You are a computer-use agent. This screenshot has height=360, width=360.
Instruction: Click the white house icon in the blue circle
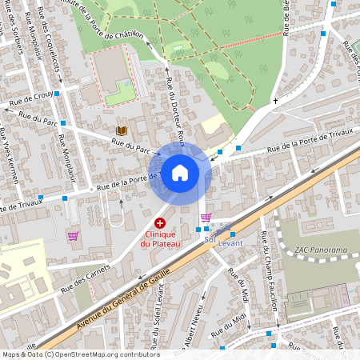click(x=180, y=173)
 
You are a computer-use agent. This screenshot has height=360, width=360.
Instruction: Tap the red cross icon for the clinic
click(x=160, y=222)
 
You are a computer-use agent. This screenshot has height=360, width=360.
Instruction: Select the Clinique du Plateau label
click(x=160, y=238)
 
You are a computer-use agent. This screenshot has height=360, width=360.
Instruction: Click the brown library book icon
click(x=121, y=130)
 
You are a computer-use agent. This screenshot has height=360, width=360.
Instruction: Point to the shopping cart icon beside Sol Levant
click(x=206, y=217)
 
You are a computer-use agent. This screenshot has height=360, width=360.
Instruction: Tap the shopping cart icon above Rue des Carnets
click(x=73, y=236)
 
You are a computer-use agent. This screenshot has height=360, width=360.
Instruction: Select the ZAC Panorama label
click(x=321, y=250)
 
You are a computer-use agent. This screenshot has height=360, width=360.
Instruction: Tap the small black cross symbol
click(x=276, y=101)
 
